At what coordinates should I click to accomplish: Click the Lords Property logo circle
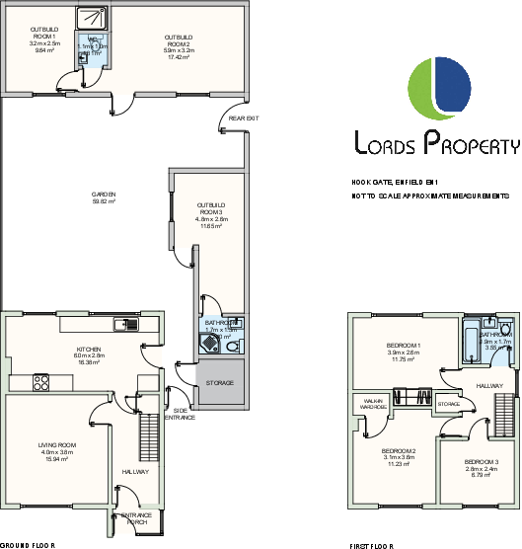click(x=436, y=87)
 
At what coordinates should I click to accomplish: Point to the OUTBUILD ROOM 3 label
click(x=211, y=208)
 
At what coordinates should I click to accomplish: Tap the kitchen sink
click(x=125, y=324)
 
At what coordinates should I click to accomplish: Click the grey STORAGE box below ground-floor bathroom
click(x=219, y=382)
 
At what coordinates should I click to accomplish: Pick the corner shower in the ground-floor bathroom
click(x=207, y=343)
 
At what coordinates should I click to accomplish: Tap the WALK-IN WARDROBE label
click(x=373, y=404)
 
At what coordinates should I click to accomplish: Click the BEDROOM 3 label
click(x=481, y=462)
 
